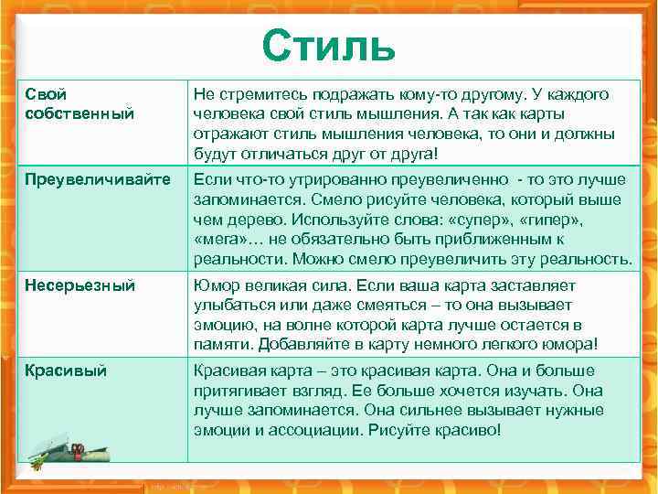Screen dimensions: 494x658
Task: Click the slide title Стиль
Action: pyautogui.click(x=328, y=44)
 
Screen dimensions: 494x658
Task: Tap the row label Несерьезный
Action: pyautogui.click(x=80, y=285)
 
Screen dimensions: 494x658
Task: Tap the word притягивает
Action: pyautogui.click(x=239, y=390)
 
